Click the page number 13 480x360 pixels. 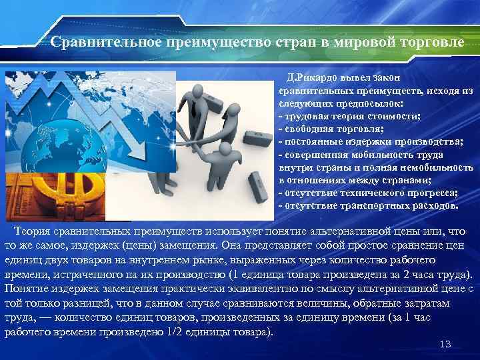(446, 344)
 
